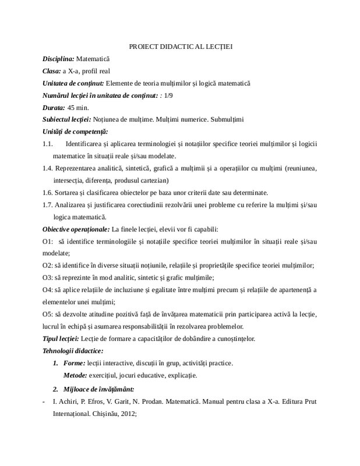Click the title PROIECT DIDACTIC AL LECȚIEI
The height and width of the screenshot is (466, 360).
(x=180, y=47)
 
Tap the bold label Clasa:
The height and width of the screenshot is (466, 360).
(x=52, y=72)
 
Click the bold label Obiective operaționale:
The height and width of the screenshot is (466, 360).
(x=76, y=229)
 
